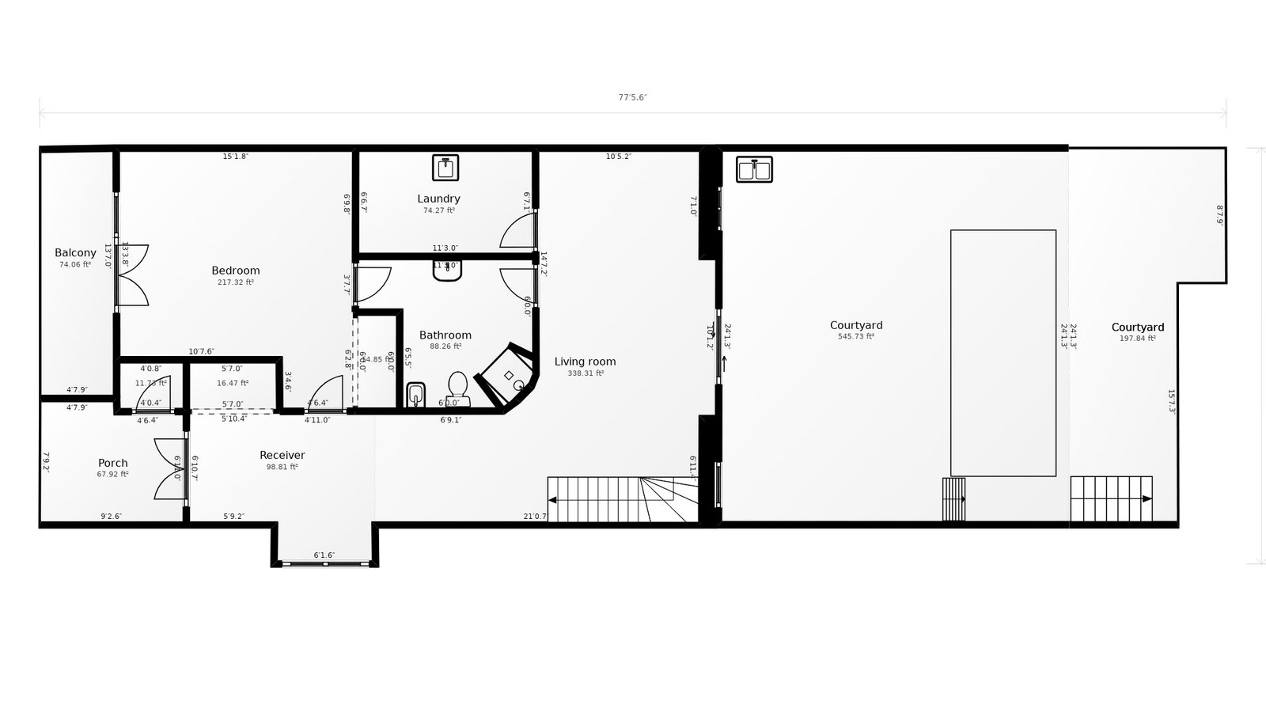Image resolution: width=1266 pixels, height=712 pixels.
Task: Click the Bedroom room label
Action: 235,271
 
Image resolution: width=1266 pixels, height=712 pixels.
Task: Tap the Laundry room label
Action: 438,199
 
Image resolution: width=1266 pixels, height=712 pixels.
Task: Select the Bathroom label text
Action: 445,335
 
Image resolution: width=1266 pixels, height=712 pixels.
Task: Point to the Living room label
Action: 585,362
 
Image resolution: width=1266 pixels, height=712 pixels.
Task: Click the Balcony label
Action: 75,253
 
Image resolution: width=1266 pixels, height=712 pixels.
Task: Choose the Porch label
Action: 112,463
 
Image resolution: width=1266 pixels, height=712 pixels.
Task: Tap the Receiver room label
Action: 282,455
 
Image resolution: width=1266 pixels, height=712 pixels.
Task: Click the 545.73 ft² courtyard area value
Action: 855,337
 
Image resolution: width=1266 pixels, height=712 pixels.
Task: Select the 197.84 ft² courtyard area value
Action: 1137,339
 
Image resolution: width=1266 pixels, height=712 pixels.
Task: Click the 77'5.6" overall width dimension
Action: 632,97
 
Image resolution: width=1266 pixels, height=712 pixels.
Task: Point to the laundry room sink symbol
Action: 445,168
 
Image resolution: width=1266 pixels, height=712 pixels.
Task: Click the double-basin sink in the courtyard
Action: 754,169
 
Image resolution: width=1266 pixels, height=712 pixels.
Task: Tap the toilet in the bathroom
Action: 457,388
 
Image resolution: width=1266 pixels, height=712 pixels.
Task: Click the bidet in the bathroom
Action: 415,395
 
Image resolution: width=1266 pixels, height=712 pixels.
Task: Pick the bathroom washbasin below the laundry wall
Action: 447,271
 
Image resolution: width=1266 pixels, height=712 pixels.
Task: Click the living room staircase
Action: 622,499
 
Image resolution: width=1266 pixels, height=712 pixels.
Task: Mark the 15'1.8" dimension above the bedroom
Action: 235,157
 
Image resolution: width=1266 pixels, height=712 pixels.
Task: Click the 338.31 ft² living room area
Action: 585,373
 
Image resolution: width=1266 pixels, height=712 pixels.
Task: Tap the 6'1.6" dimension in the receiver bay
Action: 324,555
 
